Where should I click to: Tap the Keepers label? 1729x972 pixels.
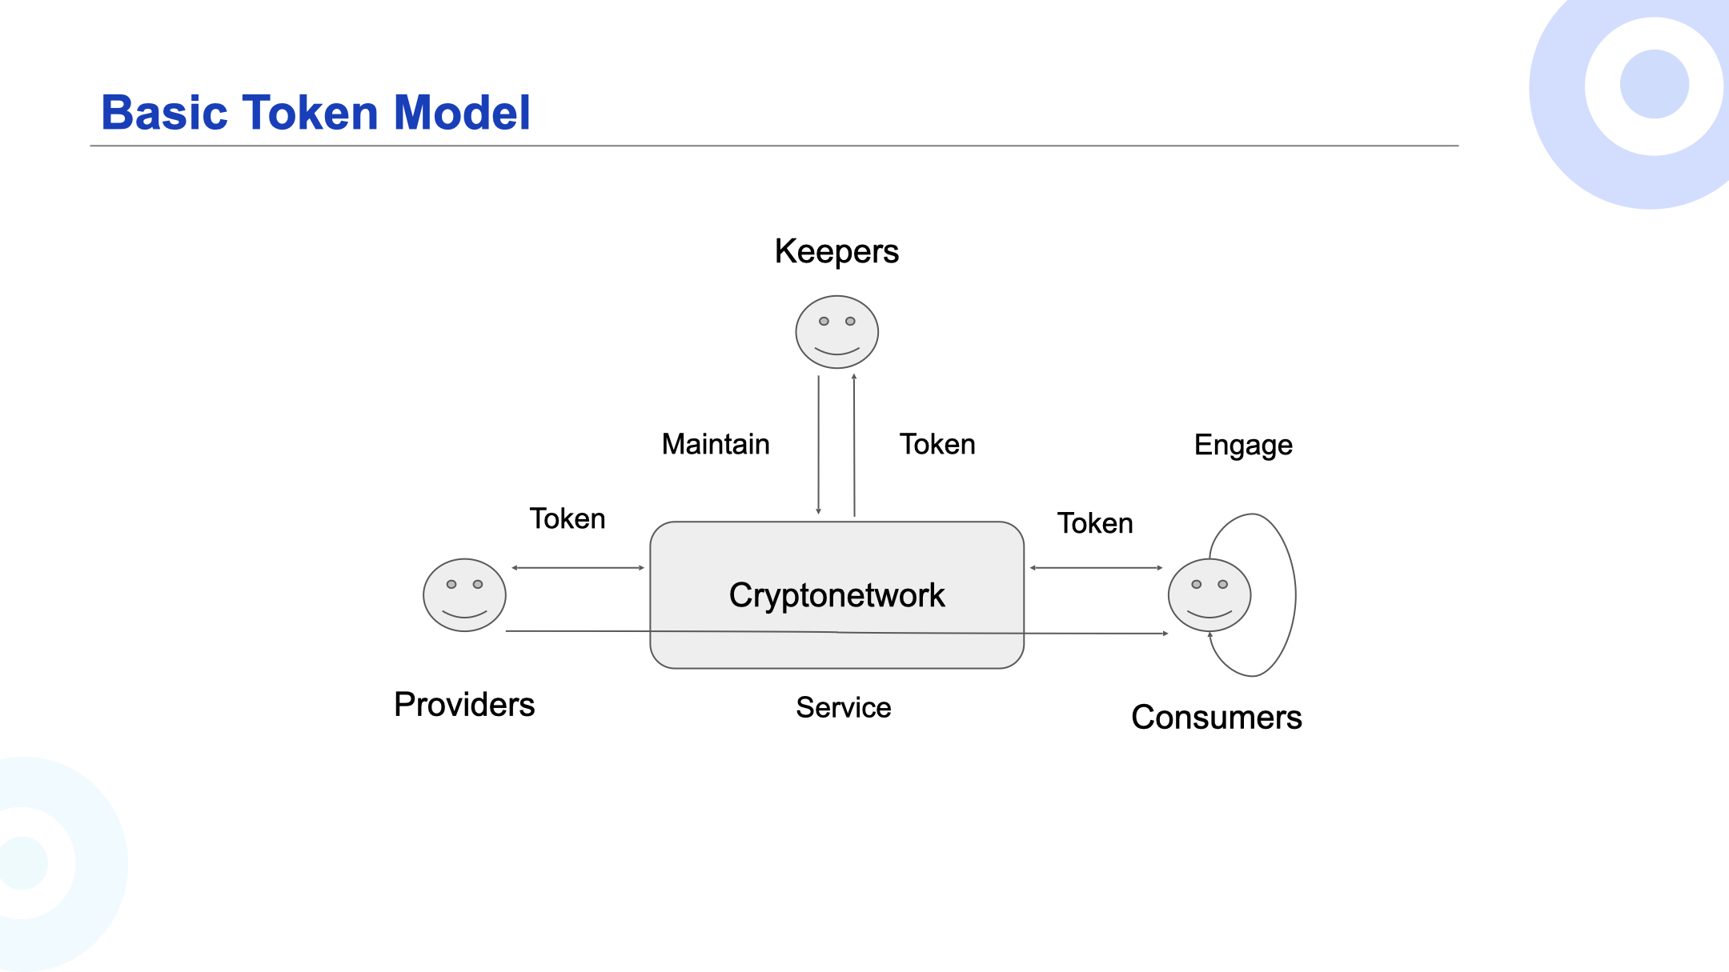836,252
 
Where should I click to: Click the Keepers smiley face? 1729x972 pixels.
836,332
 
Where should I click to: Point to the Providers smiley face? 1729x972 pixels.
464,595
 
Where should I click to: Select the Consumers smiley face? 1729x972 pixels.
1209,595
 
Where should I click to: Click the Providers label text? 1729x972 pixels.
464,705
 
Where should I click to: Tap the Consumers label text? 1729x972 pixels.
1217,718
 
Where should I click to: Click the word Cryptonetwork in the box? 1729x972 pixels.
836,596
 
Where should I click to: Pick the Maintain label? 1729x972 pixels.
716,444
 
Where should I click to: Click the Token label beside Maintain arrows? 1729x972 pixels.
937,444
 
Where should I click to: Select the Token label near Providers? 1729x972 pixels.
568,518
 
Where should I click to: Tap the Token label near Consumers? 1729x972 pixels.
1095,523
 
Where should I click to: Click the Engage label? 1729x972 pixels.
1243,446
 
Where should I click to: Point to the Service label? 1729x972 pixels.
844,708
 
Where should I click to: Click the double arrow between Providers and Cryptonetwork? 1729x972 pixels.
578,568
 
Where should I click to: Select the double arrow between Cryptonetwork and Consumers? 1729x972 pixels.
1096,568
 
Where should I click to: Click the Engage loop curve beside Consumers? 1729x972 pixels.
1295,595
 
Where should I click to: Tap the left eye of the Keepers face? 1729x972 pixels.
824,322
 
